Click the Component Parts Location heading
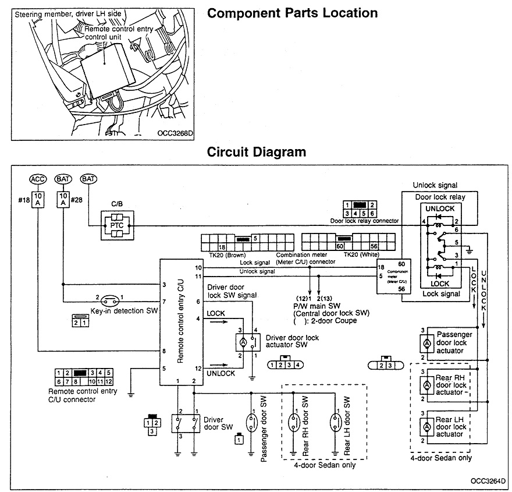click(x=292, y=13)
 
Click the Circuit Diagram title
click(x=257, y=153)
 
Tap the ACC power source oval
click(x=38, y=179)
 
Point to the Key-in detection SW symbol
click(x=109, y=301)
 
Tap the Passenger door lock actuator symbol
click(x=426, y=344)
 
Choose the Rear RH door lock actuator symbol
click(x=426, y=385)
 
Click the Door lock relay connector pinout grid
click(x=359, y=209)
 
